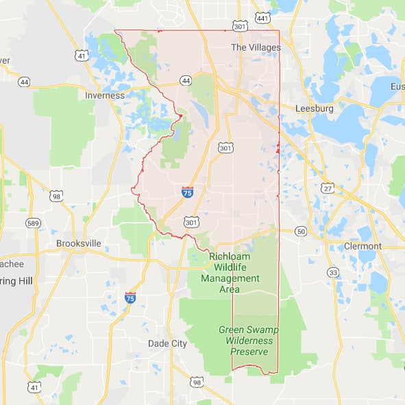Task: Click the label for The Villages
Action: click(256, 47)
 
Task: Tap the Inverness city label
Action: click(105, 95)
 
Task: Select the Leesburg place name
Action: click(314, 108)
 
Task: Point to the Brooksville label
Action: click(79, 243)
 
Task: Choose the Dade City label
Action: click(167, 343)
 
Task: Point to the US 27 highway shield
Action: click(328, 188)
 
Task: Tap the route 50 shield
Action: click(301, 232)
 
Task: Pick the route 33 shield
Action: click(333, 272)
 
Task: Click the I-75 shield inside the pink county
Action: click(188, 193)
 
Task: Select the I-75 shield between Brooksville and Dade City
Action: click(130, 297)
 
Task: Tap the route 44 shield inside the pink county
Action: click(186, 81)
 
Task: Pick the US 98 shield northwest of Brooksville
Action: click(57, 196)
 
